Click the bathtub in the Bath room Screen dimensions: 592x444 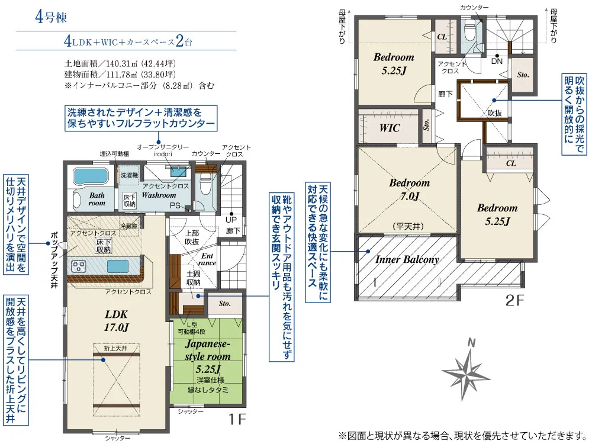(91, 176)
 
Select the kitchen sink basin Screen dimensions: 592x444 (118, 266)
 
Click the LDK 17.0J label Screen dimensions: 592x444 (116, 321)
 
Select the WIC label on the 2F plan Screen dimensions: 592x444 (390, 128)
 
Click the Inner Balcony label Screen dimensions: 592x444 (407, 259)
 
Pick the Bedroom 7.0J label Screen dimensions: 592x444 (410, 189)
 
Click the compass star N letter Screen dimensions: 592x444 (471, 343)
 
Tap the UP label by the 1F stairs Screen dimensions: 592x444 (231, 220)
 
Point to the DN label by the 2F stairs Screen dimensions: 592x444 (497, 61)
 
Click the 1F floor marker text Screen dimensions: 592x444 (237, 419)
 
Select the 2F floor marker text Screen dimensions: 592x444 (515, 301)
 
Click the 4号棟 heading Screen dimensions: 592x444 (51, 17)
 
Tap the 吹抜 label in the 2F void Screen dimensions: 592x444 (494, 113)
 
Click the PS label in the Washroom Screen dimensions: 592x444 (175, 206)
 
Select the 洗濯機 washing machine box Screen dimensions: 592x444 (128, 176)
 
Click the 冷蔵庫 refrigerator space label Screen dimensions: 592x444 (128, 226)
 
